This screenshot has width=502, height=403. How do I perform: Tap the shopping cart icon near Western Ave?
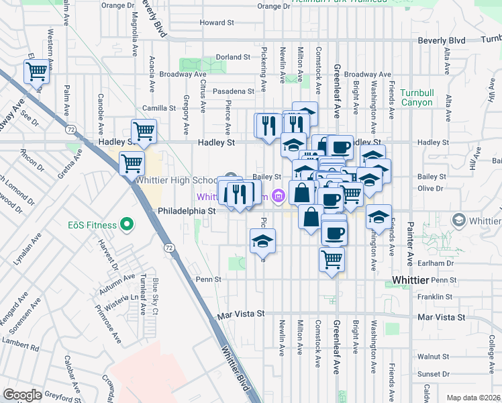tap(36, 71)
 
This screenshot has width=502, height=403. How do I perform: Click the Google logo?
tap(22, 395)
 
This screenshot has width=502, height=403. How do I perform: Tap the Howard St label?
tap(216, 22)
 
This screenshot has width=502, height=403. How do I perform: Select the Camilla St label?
tap(158, 107)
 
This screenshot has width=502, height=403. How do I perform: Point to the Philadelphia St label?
tap(186, 210)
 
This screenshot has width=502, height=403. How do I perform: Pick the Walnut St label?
tap(432, 357)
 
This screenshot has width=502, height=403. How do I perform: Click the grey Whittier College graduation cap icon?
tap(459, 220)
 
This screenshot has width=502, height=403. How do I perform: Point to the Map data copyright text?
tap(473, 398)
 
